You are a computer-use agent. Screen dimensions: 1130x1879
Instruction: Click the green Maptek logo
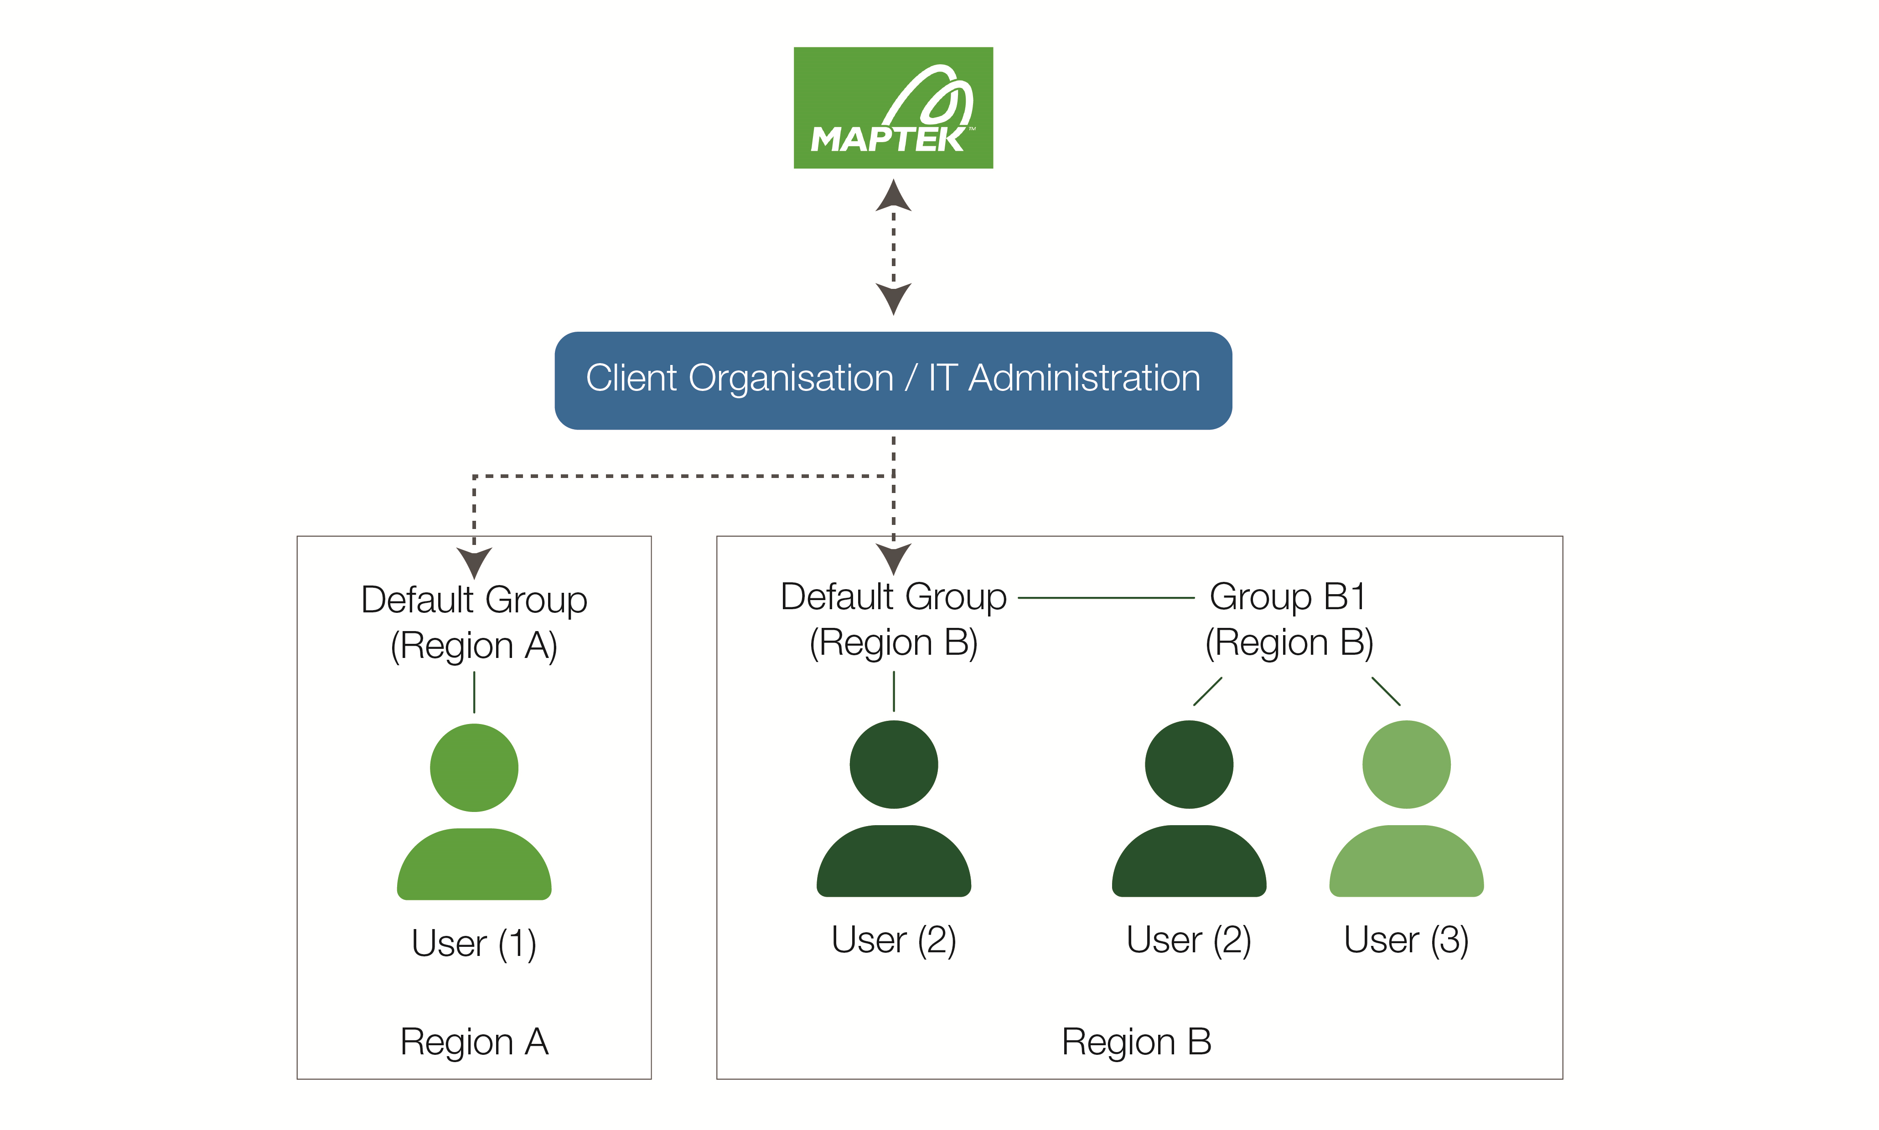[x=893, y=108]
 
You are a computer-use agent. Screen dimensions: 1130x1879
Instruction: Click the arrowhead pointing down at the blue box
[x=893, y=298]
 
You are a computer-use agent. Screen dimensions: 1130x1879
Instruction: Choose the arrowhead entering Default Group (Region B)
[x=893, y=559]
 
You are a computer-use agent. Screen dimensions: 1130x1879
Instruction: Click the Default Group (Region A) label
[x=474, y=622]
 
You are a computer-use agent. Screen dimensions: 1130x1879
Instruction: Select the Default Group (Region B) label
[x=893, y=619]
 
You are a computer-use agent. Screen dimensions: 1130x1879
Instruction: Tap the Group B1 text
[x=1288, y=597]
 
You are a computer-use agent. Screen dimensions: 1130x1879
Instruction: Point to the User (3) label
[x=1406, y=940]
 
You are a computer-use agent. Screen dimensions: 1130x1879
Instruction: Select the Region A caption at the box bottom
[x=474, y=1042]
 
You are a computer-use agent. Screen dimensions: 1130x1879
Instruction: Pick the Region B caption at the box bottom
[x=1136, y=1042]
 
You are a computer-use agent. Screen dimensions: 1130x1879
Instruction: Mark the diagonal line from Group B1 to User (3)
[x=1385, y=691]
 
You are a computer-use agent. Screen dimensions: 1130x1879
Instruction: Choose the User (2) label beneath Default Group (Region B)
[x=893, y=940]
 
